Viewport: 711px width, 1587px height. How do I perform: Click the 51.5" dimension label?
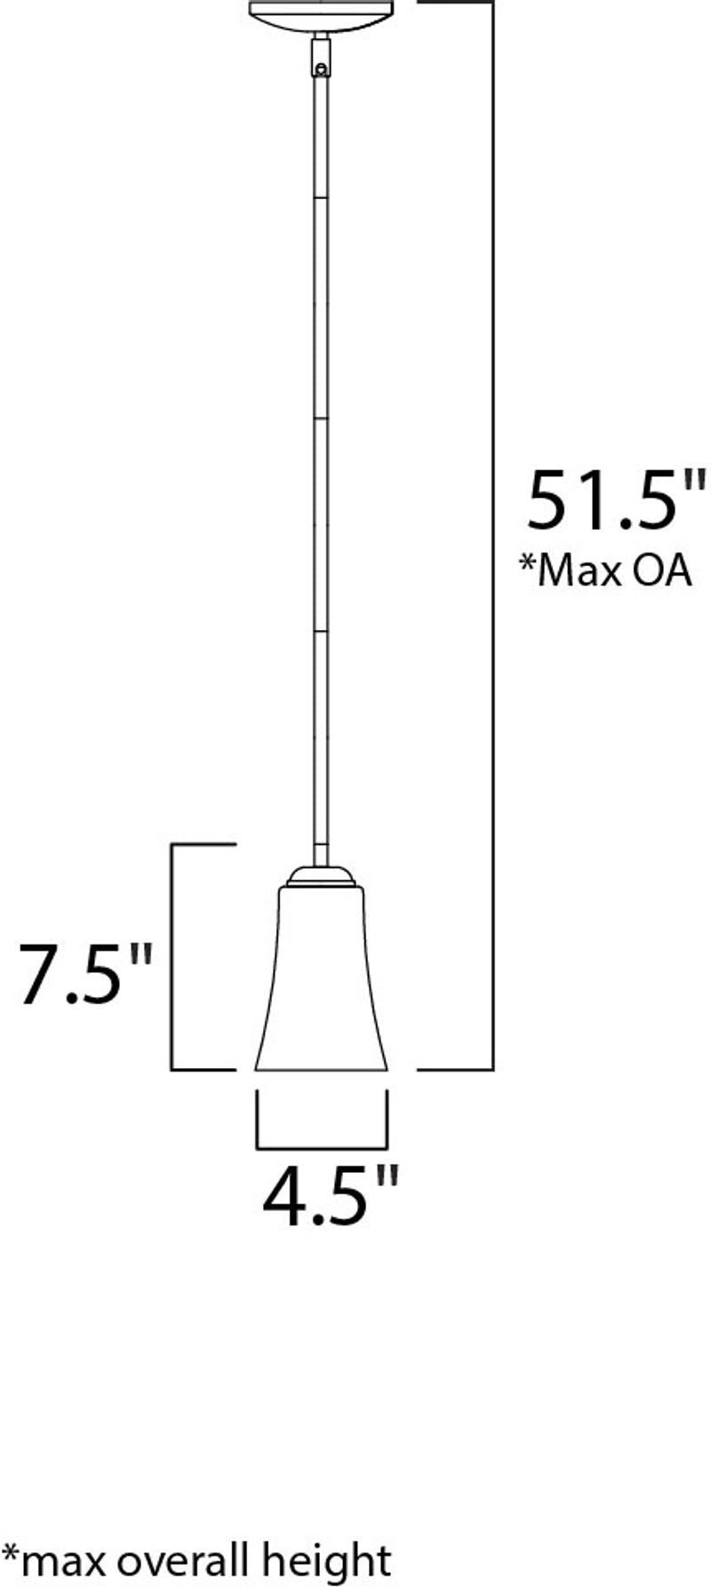click(x=615, y=500)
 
